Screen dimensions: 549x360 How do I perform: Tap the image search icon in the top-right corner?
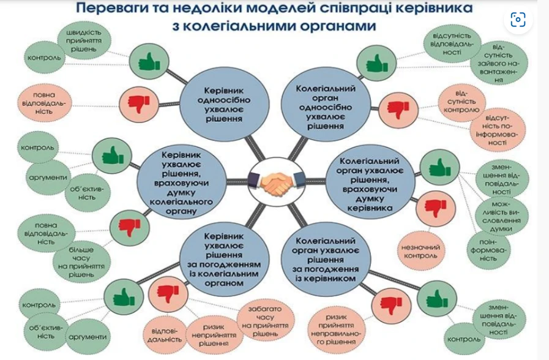(518, 20)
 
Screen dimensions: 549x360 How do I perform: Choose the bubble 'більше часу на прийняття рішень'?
(81, 258)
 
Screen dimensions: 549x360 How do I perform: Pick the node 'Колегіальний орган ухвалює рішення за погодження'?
(324, 259)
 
